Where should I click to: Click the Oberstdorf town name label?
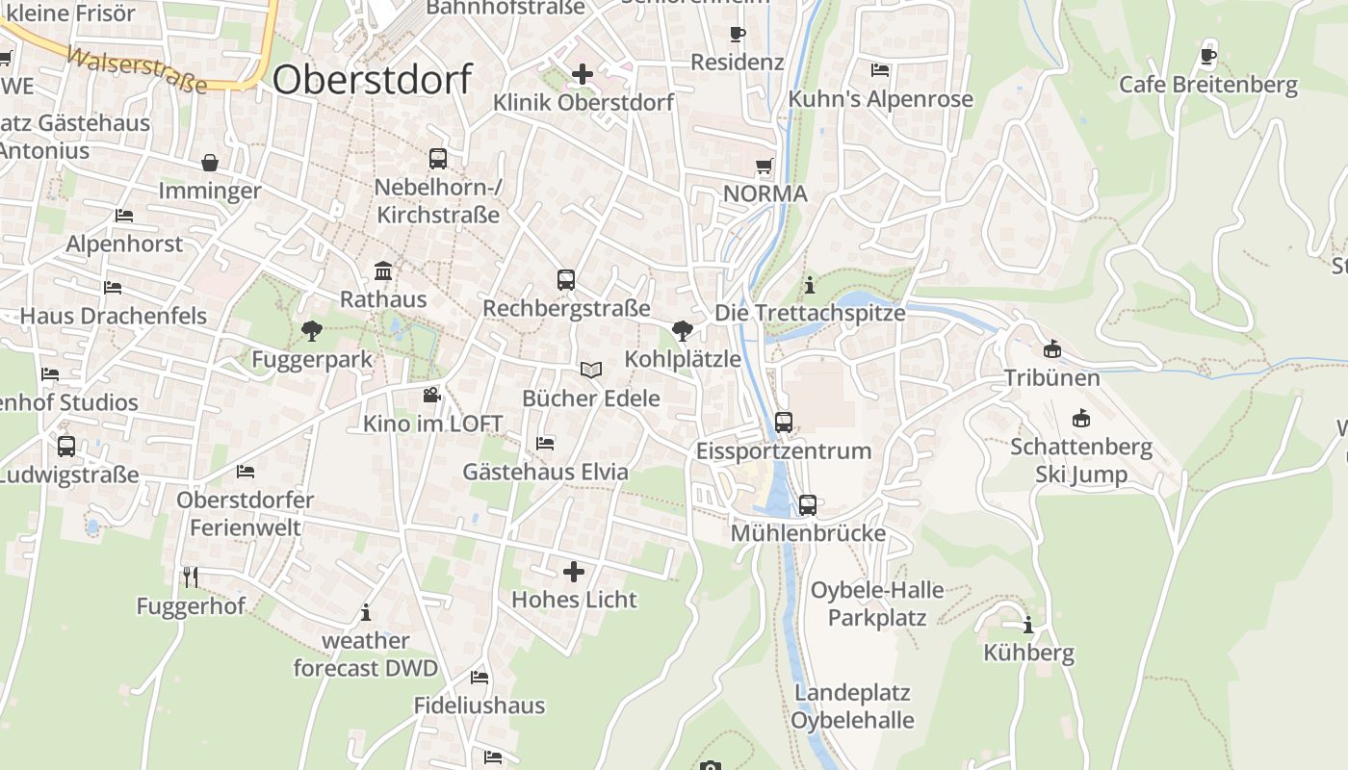click(373, 79)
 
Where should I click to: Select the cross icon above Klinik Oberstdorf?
click(583, 73)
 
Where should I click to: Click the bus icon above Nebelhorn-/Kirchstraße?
click(438, 158)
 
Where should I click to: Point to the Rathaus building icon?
click(383, 270)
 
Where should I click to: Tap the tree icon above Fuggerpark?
click(311, 331)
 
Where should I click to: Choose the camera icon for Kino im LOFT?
click(431, 395)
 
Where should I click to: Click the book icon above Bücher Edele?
click(591, 370)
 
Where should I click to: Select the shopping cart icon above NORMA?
click(765, 166)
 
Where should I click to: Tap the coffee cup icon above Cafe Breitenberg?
click(1208, 56)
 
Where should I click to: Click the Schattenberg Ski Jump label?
click(1081, 460)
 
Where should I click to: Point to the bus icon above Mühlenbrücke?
click(808, 504)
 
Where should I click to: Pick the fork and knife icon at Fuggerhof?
click(191, 577)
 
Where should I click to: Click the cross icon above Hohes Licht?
click(574, 572)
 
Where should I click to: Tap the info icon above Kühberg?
click(1028, 625)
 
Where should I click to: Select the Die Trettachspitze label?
click(810, 313)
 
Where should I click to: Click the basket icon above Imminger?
click(210, 163)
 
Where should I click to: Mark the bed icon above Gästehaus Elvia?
click(545, 443)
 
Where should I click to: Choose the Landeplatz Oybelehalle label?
click(852, 706)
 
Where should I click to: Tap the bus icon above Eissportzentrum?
click(784, 422)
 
